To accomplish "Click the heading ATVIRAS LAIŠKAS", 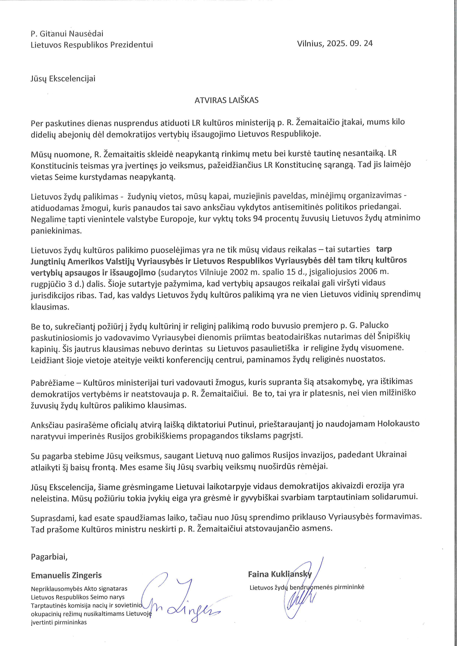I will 226,100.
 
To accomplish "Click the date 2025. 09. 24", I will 350,43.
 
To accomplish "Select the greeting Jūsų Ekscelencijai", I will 63,78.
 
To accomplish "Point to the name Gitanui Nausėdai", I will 71,34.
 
